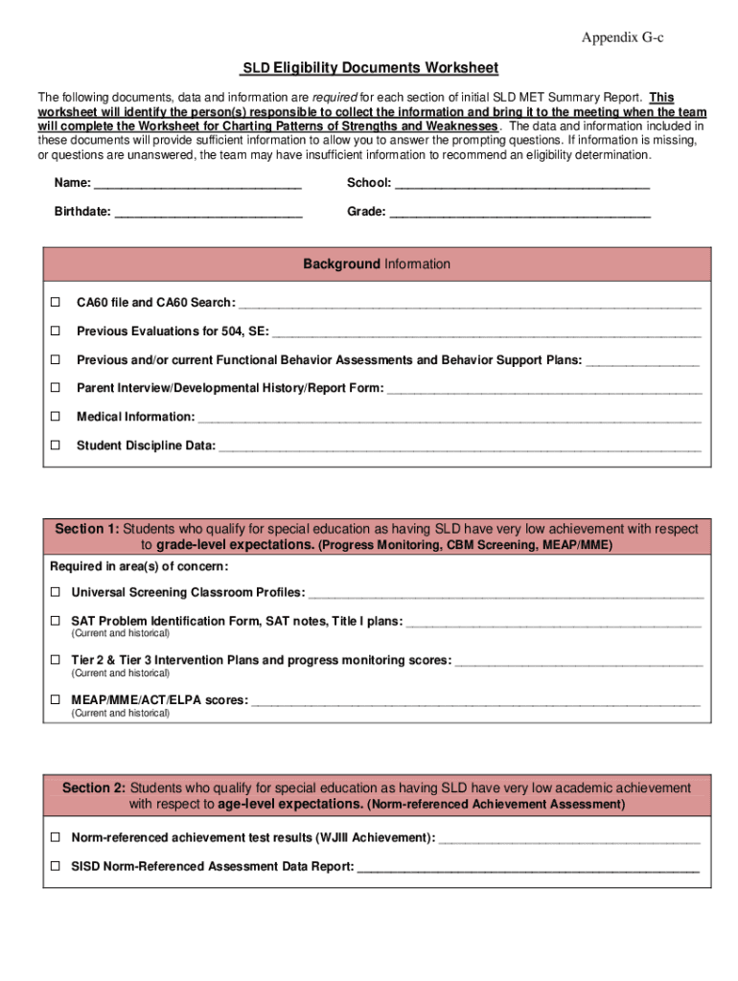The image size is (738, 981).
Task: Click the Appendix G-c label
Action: pyautogui.click(x=622, y=37)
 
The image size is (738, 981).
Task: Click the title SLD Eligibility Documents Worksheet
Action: pyautogui.click(x=369, y=68)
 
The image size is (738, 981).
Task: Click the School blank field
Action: pyautogui.click(x=522, y=183)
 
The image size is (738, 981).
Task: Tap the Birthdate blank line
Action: pyautogui.click(x=208, y=212)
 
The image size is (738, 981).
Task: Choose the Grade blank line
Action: pyautogui.click(x=520, y=212)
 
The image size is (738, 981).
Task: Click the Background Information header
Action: pyautogui.click(x=377, y=264)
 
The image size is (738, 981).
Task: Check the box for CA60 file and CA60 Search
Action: pyautogui.click(x=56, y=302)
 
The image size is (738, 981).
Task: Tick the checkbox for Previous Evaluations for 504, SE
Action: pyautogui.click(x=56, y=331)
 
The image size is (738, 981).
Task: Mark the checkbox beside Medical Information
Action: pyautogui.click(x=56, y=417)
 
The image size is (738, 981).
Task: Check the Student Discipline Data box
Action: pyautogui.click(x=56, y=445)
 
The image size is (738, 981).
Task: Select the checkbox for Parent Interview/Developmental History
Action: pyautogui.click(x=56, y=388)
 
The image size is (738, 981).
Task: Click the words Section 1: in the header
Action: pyautogui.click(x=86, y=529)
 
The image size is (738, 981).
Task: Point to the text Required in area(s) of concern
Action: pyautogui.click(x=126, y=566)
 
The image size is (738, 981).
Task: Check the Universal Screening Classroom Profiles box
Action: pyautogui.click(x=56, y=592)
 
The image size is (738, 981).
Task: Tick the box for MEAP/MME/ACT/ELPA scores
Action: pyautogui.click(x=56, y=700)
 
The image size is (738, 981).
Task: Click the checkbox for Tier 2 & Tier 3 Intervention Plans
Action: pyautogui.click(x=56, y=660)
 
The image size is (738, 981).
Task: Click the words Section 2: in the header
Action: pyautogui.click(x=94, y=787)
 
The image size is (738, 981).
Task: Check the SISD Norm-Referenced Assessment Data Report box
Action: pyautogui.click(x=56, y=866)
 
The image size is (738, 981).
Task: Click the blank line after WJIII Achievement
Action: pyautogui.click(x=569, y=838)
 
